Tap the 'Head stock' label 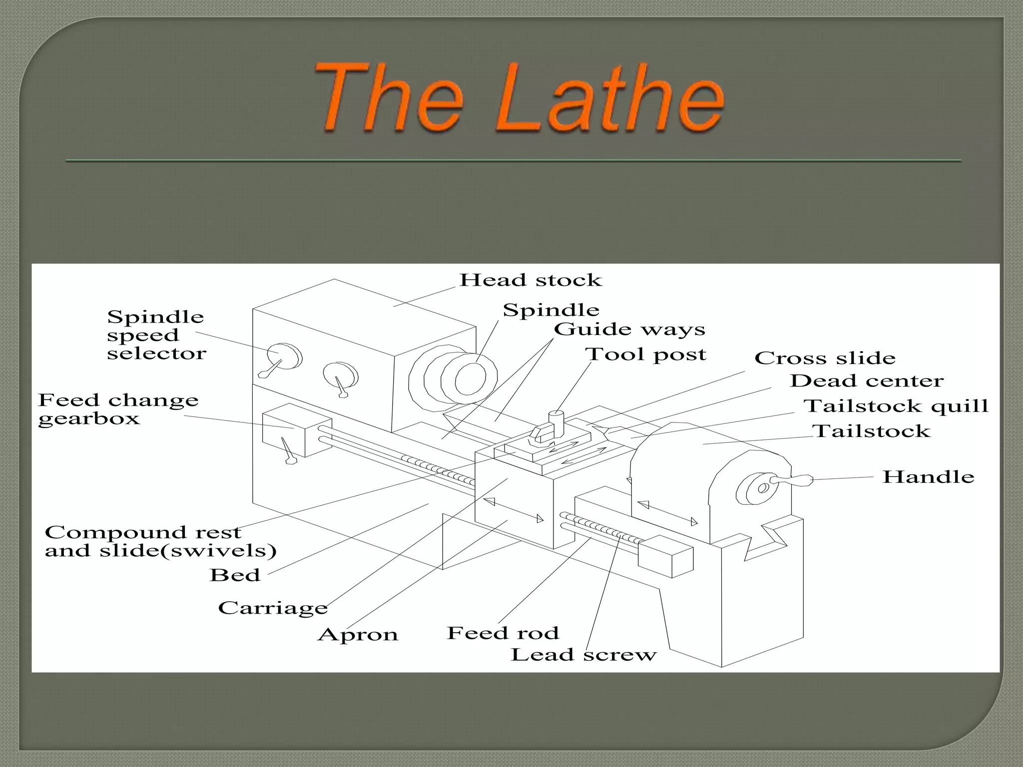[530, 280]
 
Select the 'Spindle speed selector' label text [156, 335]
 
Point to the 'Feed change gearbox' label [118, 409]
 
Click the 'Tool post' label [645, 355]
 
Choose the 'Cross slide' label [825, 358]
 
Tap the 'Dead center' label [867, 381]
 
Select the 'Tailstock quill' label [896, 406]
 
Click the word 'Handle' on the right [928, 477]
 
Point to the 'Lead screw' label [583, 655]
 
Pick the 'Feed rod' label [503, 633]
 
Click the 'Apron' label [358, 635]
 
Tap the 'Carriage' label [273, 608]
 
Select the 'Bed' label [235, 575]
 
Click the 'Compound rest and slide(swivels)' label [160, 541]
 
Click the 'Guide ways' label [629, 330]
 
